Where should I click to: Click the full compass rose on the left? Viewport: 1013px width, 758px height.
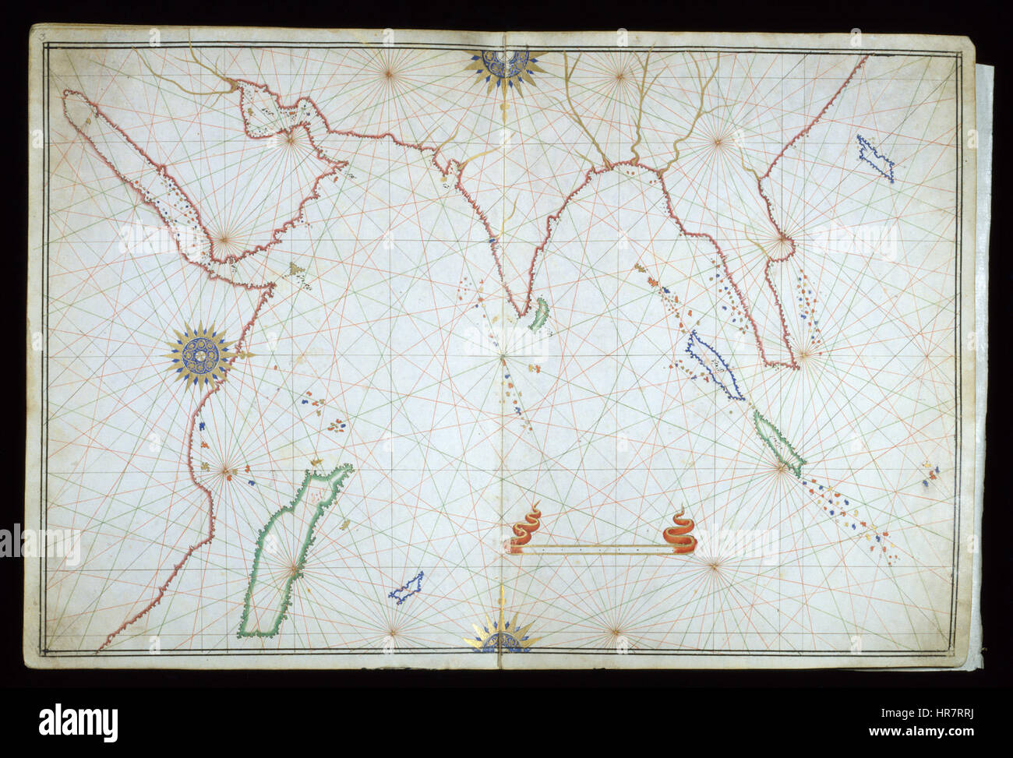click(200, 355)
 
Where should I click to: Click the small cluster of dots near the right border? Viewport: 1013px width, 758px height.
click(930, 474)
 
